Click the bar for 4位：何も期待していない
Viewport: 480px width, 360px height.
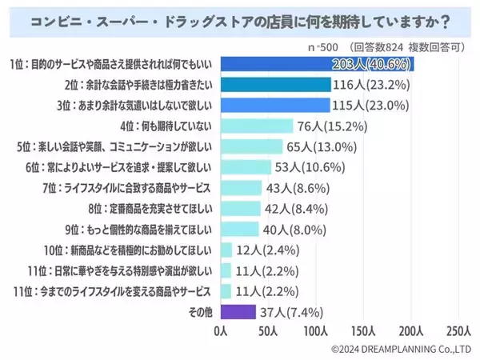click(x=256, y=125)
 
